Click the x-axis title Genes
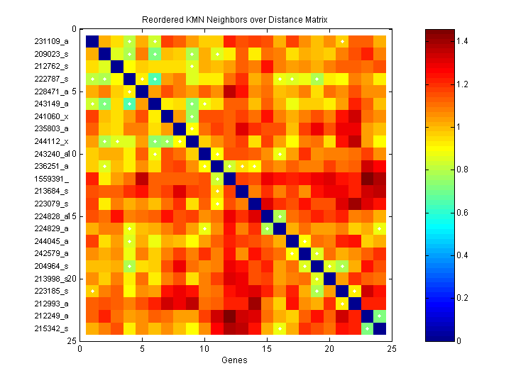coord(234,361)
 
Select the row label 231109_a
coord(52,41)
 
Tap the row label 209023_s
coord(52,53)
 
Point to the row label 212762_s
coord(52,66)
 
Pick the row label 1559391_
coord(50,179)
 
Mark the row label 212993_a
coord(52,304)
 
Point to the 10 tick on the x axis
coord(205,348)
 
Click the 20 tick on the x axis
coord(329,348)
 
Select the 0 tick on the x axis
coord(80,348)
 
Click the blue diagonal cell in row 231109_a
coord(92,40)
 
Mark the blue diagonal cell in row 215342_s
coord(380,328)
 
